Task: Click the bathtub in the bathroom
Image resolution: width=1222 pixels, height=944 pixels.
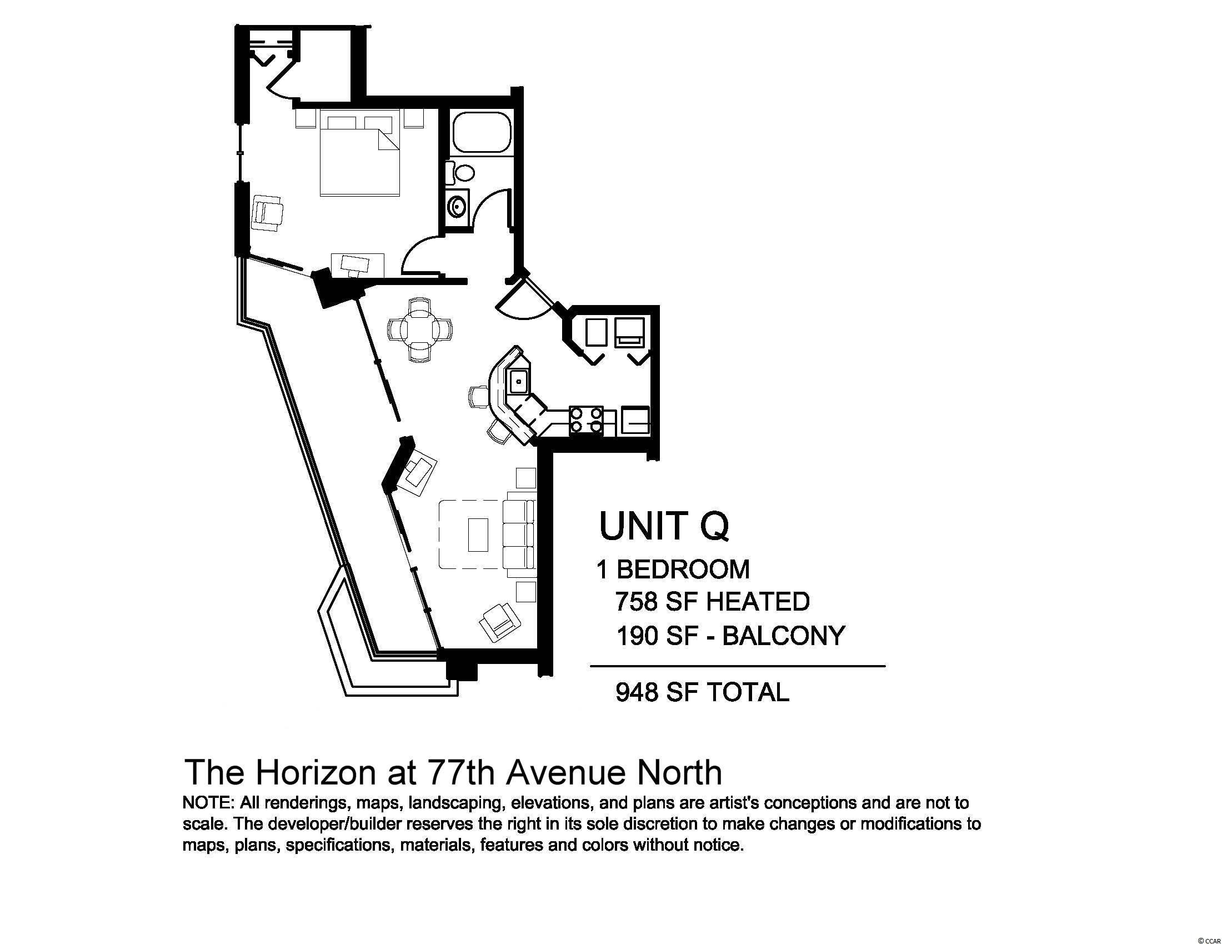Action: point(482,132)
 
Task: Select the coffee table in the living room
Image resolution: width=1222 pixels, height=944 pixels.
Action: point(477,536)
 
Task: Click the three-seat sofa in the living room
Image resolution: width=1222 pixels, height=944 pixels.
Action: point(519,535)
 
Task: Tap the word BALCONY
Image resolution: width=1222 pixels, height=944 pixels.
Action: point(784,636)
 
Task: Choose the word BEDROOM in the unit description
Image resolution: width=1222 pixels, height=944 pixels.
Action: point(683,570)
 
